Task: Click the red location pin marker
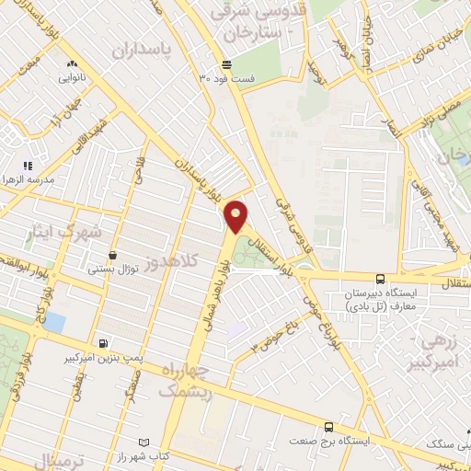(x=237, y=215)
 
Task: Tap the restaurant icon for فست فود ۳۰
(x=226, y=63)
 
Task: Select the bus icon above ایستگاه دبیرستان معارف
(x=380, y=278)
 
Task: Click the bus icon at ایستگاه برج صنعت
(x=328, y=427)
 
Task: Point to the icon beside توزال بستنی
(x=112, y=256)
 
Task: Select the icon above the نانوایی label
(x=71, y=64)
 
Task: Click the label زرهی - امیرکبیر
(x=440, y=352)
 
